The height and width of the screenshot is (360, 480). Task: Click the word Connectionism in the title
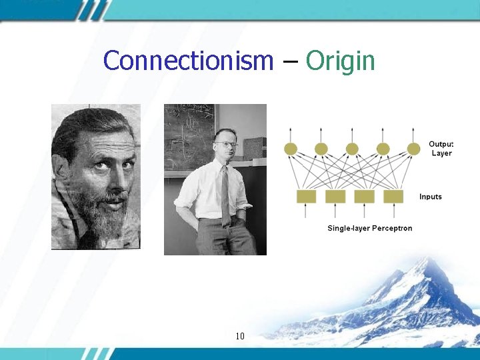tap(189, 61)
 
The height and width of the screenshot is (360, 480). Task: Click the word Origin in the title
tap(340, 61)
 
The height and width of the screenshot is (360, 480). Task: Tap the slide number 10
tap(240, 336)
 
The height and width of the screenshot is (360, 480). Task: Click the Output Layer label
tap(441, 149)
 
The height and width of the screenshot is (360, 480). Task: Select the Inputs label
tap(431, 197)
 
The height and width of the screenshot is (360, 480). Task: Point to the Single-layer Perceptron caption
tap(369, 228)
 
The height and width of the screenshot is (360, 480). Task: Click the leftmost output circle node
tap(291, 149)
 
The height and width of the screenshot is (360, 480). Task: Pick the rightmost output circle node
tap(414, 149)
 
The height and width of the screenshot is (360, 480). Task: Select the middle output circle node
tap(352, 149)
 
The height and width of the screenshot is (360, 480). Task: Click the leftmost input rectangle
tap(306, 196)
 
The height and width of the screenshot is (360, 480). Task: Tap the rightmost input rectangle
tap(393, 196)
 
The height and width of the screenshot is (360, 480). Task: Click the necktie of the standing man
tap(225, 193)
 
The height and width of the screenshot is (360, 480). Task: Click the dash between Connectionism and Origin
tap(289, 61)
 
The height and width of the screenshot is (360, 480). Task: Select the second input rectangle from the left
tap(335, 196)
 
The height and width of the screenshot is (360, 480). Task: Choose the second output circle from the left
tap(321, 149)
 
